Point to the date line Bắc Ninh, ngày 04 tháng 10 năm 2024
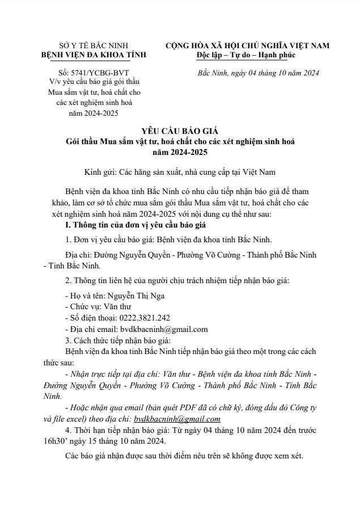[259, 73]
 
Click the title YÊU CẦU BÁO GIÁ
[179, 129]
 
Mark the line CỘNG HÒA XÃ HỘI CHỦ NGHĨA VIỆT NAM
[247, 45]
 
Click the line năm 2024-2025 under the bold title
[179, 152]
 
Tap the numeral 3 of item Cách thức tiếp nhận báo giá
[67, 340]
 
